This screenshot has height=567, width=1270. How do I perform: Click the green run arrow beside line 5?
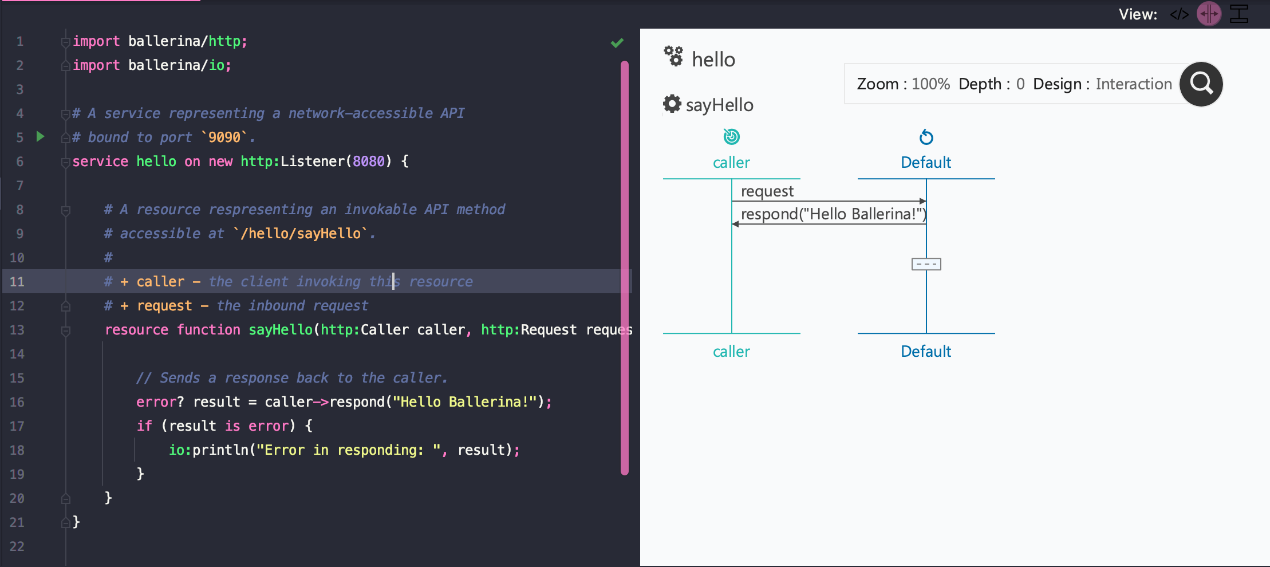pos(40,136)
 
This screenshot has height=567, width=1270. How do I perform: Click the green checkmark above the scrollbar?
pos(617,43)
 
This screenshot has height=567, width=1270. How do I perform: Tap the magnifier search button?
pos(1201,84)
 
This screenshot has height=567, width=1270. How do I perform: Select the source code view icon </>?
pos(1180,14)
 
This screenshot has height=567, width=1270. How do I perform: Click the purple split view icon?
pos(1209,14)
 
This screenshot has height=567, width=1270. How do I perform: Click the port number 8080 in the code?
pos(369,162)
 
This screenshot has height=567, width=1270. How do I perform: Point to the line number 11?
pos(17,282)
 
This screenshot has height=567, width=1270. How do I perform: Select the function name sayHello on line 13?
pos(281,330)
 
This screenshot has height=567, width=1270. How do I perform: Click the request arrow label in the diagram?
pos(767,191)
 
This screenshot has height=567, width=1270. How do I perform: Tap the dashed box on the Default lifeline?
pos(926,264)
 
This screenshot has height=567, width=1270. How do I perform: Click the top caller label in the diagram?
pos(731,163)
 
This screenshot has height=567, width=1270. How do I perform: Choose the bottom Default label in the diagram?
pos(926,351)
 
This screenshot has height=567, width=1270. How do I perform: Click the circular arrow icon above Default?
pos(926,137)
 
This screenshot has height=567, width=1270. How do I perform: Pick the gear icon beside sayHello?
pos(672,104)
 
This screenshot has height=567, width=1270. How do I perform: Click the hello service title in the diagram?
pos(713,60)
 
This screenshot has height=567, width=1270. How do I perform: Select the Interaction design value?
pos(1134,84)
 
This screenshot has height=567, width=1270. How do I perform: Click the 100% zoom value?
pos(930,84)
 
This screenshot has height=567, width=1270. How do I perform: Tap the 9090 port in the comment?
pos(224,137)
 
